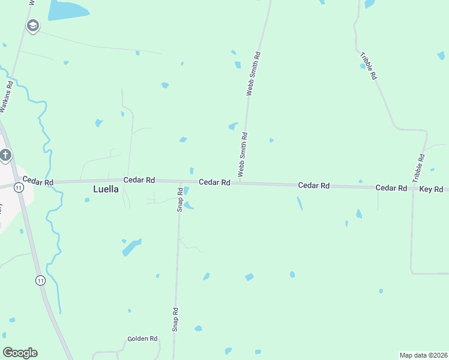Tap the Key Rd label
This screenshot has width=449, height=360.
(x=430, y=189)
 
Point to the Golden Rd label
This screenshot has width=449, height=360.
(x=142, y=339)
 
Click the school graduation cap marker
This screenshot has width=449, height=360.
(x=32, y=25)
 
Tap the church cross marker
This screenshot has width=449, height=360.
(x=5, y=156)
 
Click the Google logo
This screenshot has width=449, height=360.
(x=20, y=353)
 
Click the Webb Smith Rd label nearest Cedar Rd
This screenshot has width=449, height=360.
(x=243, y=155)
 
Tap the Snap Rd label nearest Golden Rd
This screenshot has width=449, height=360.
(x=175, y=320)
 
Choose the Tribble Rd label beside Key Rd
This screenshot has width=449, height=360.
(x=418, y=169)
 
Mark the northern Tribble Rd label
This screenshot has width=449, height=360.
(x=369, y=67)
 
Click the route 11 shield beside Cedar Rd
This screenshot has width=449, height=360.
(x=20, y=188)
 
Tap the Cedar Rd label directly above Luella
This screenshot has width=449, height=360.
(x=139, y=180)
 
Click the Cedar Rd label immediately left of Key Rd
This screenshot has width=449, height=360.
(x=391, y=188)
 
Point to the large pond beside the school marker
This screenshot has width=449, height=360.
(x=67, y=10)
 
